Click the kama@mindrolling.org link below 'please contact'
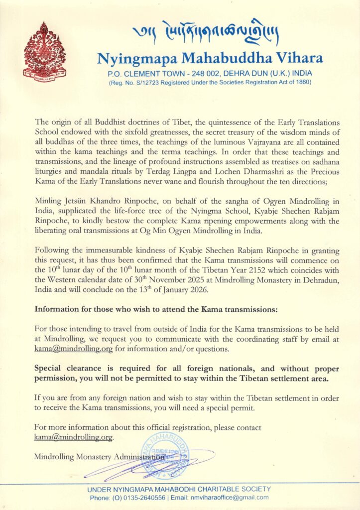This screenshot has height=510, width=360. (73, 437)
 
